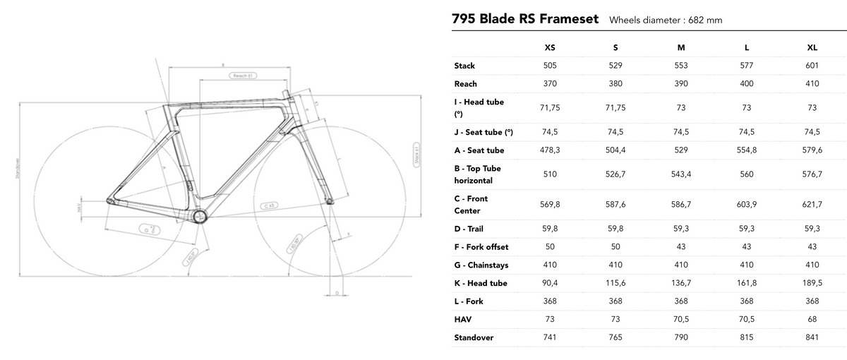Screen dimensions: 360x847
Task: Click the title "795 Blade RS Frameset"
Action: click(524, 18)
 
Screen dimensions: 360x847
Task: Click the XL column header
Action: click(812, 47)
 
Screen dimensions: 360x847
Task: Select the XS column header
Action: click(550, 47)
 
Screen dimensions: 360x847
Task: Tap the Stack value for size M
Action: click(681, 66)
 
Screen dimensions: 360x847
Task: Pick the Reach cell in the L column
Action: click(747, 84)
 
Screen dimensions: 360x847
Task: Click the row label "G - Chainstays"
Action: click(481, 265)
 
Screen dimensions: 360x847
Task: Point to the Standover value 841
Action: click(812, 337)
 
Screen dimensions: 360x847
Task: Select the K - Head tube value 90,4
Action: click(550, 283)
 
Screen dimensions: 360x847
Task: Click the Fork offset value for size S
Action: click(615, 247)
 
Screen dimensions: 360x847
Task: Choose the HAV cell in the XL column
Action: click(812, 320)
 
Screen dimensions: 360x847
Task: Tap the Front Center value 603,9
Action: click(747, 205)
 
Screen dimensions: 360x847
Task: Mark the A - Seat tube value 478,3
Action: click(550, 150)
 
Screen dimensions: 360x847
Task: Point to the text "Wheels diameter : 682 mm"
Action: click(666, 20)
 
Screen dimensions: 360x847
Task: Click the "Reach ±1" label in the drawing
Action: click(241, 75)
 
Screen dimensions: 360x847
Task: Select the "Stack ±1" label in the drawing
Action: click(416, 153)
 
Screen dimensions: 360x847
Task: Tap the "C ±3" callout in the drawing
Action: click(270, 205)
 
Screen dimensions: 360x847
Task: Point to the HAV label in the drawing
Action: click(79, 209)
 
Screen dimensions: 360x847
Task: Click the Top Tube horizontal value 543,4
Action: click(681, 174)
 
